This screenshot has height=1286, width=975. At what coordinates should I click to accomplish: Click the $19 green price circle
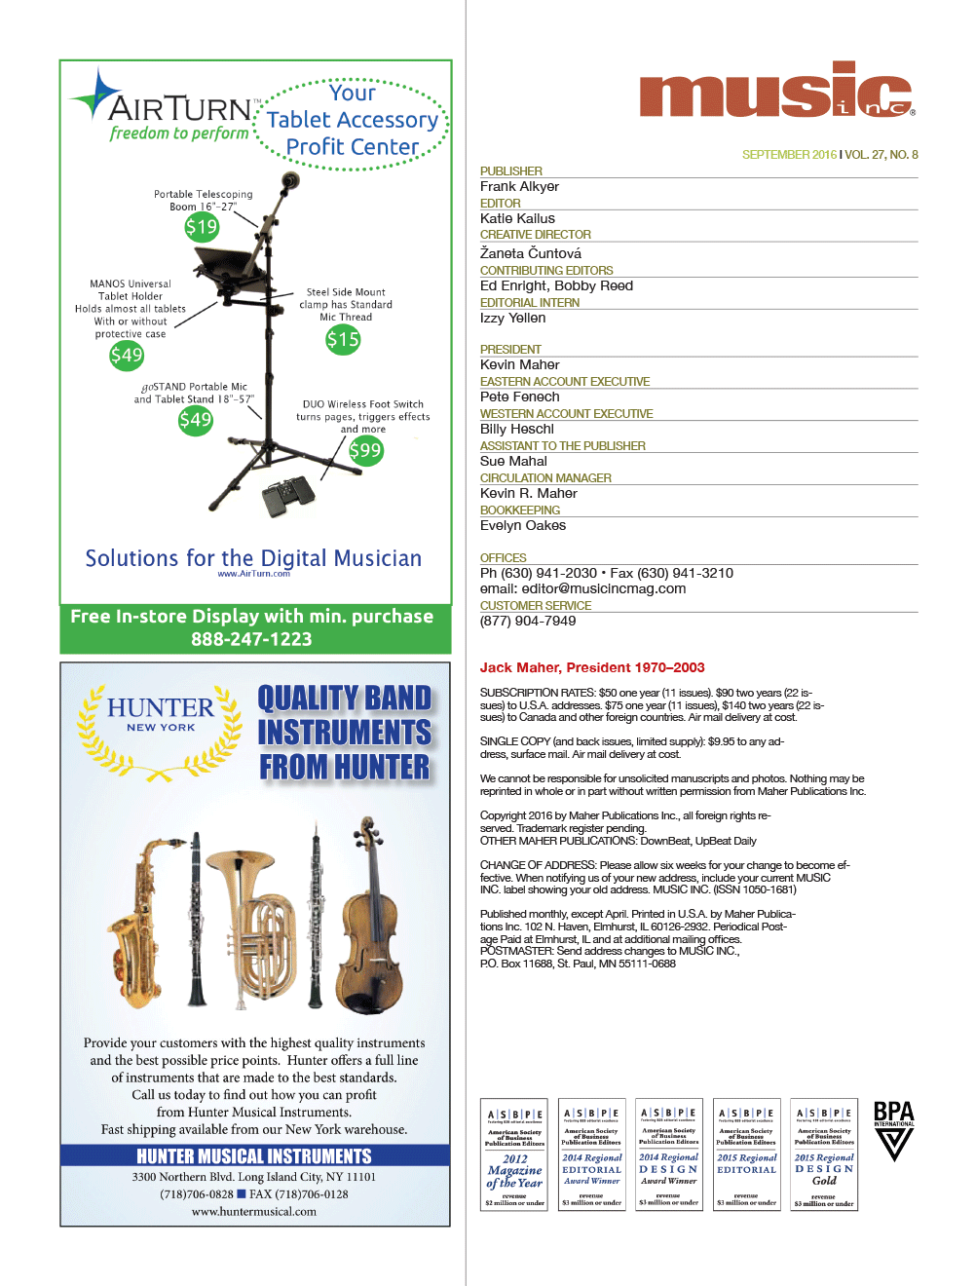tap(202, 228)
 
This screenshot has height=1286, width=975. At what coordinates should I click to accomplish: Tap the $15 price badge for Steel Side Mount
tap(343, 339)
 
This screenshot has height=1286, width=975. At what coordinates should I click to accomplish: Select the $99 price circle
tap(365, 450)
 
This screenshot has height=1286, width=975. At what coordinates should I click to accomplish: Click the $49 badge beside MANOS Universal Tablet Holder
tap(127, 355)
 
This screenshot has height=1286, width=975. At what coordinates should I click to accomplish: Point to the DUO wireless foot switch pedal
tap(289, 497)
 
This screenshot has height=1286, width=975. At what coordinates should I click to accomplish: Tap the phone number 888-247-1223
tap(251, 639)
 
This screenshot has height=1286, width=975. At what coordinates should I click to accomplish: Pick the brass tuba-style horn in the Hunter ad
tap(261, 926)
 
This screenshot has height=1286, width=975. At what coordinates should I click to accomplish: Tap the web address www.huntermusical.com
tap(254, 1212)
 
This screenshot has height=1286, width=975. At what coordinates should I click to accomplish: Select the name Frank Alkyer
tap(519, 187)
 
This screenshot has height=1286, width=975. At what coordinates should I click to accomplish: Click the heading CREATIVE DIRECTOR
tap(535, 235)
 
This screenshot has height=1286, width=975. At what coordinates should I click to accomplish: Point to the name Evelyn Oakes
tap(522, 526)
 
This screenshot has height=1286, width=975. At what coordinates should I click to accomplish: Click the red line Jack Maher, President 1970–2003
tap(591, 667)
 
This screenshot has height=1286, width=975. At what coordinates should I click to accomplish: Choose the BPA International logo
tap(893, 1130)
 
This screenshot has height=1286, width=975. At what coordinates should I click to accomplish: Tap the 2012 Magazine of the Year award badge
tap(514, 1154)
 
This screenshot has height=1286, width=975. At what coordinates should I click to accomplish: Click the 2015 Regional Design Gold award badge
tap(824, 1154)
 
